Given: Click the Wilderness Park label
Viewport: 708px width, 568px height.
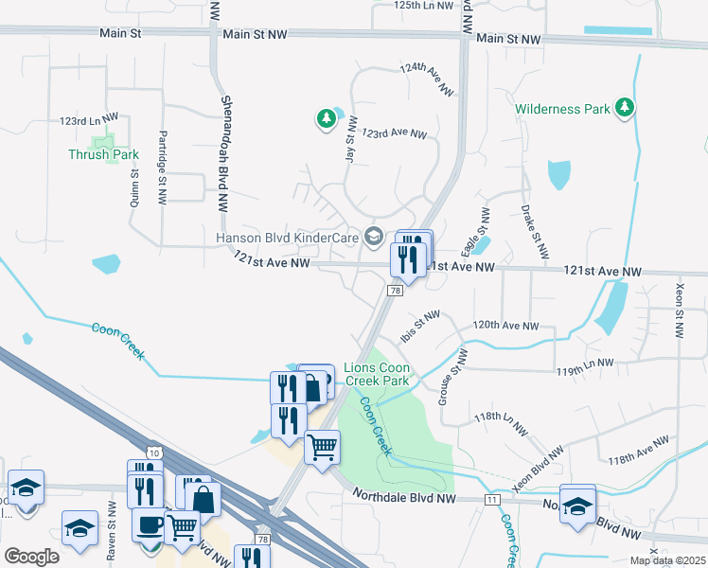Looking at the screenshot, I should click(x=562, y=109).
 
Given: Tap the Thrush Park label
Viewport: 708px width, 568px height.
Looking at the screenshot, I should click(x=103, y=154).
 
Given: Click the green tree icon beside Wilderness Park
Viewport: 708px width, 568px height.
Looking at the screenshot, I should click(x=624, y=109).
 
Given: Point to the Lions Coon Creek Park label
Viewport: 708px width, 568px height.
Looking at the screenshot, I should click(x=376, y=374).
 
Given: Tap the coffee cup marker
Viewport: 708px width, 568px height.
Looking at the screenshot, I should click(x=150, y=524).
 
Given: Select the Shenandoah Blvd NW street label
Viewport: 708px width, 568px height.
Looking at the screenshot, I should click(x=225, y=152).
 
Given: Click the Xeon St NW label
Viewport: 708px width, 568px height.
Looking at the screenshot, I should click(x=679, y=311).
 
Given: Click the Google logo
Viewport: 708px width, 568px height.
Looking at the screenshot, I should click(x=30, y=557).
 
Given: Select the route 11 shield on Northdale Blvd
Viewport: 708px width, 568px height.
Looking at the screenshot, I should click(x=490, y=498).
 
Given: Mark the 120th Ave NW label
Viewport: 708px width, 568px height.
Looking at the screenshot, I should click(x=505, y=325).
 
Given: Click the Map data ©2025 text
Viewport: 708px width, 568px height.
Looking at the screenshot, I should click(x=667, y=560).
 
